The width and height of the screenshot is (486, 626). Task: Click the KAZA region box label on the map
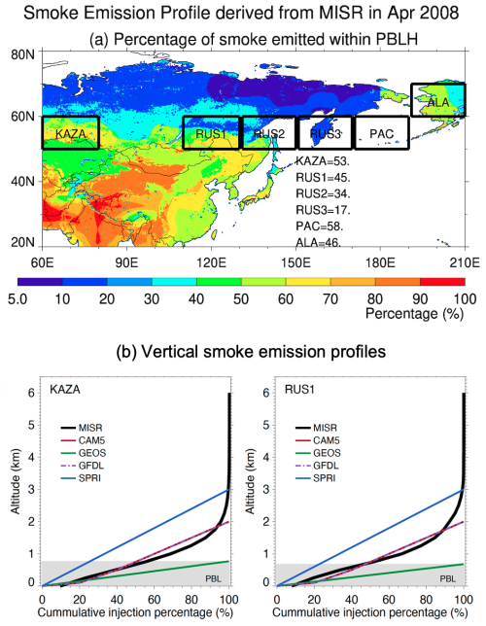coord(71,133)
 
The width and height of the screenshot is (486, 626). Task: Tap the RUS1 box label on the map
coord(211,133)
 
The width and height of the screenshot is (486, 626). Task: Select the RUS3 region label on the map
coord(325,133)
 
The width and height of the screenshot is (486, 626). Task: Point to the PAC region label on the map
coord(381,133)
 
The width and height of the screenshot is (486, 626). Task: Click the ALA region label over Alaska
coord(439,101)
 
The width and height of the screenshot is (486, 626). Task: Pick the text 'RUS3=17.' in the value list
coord(323,209)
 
